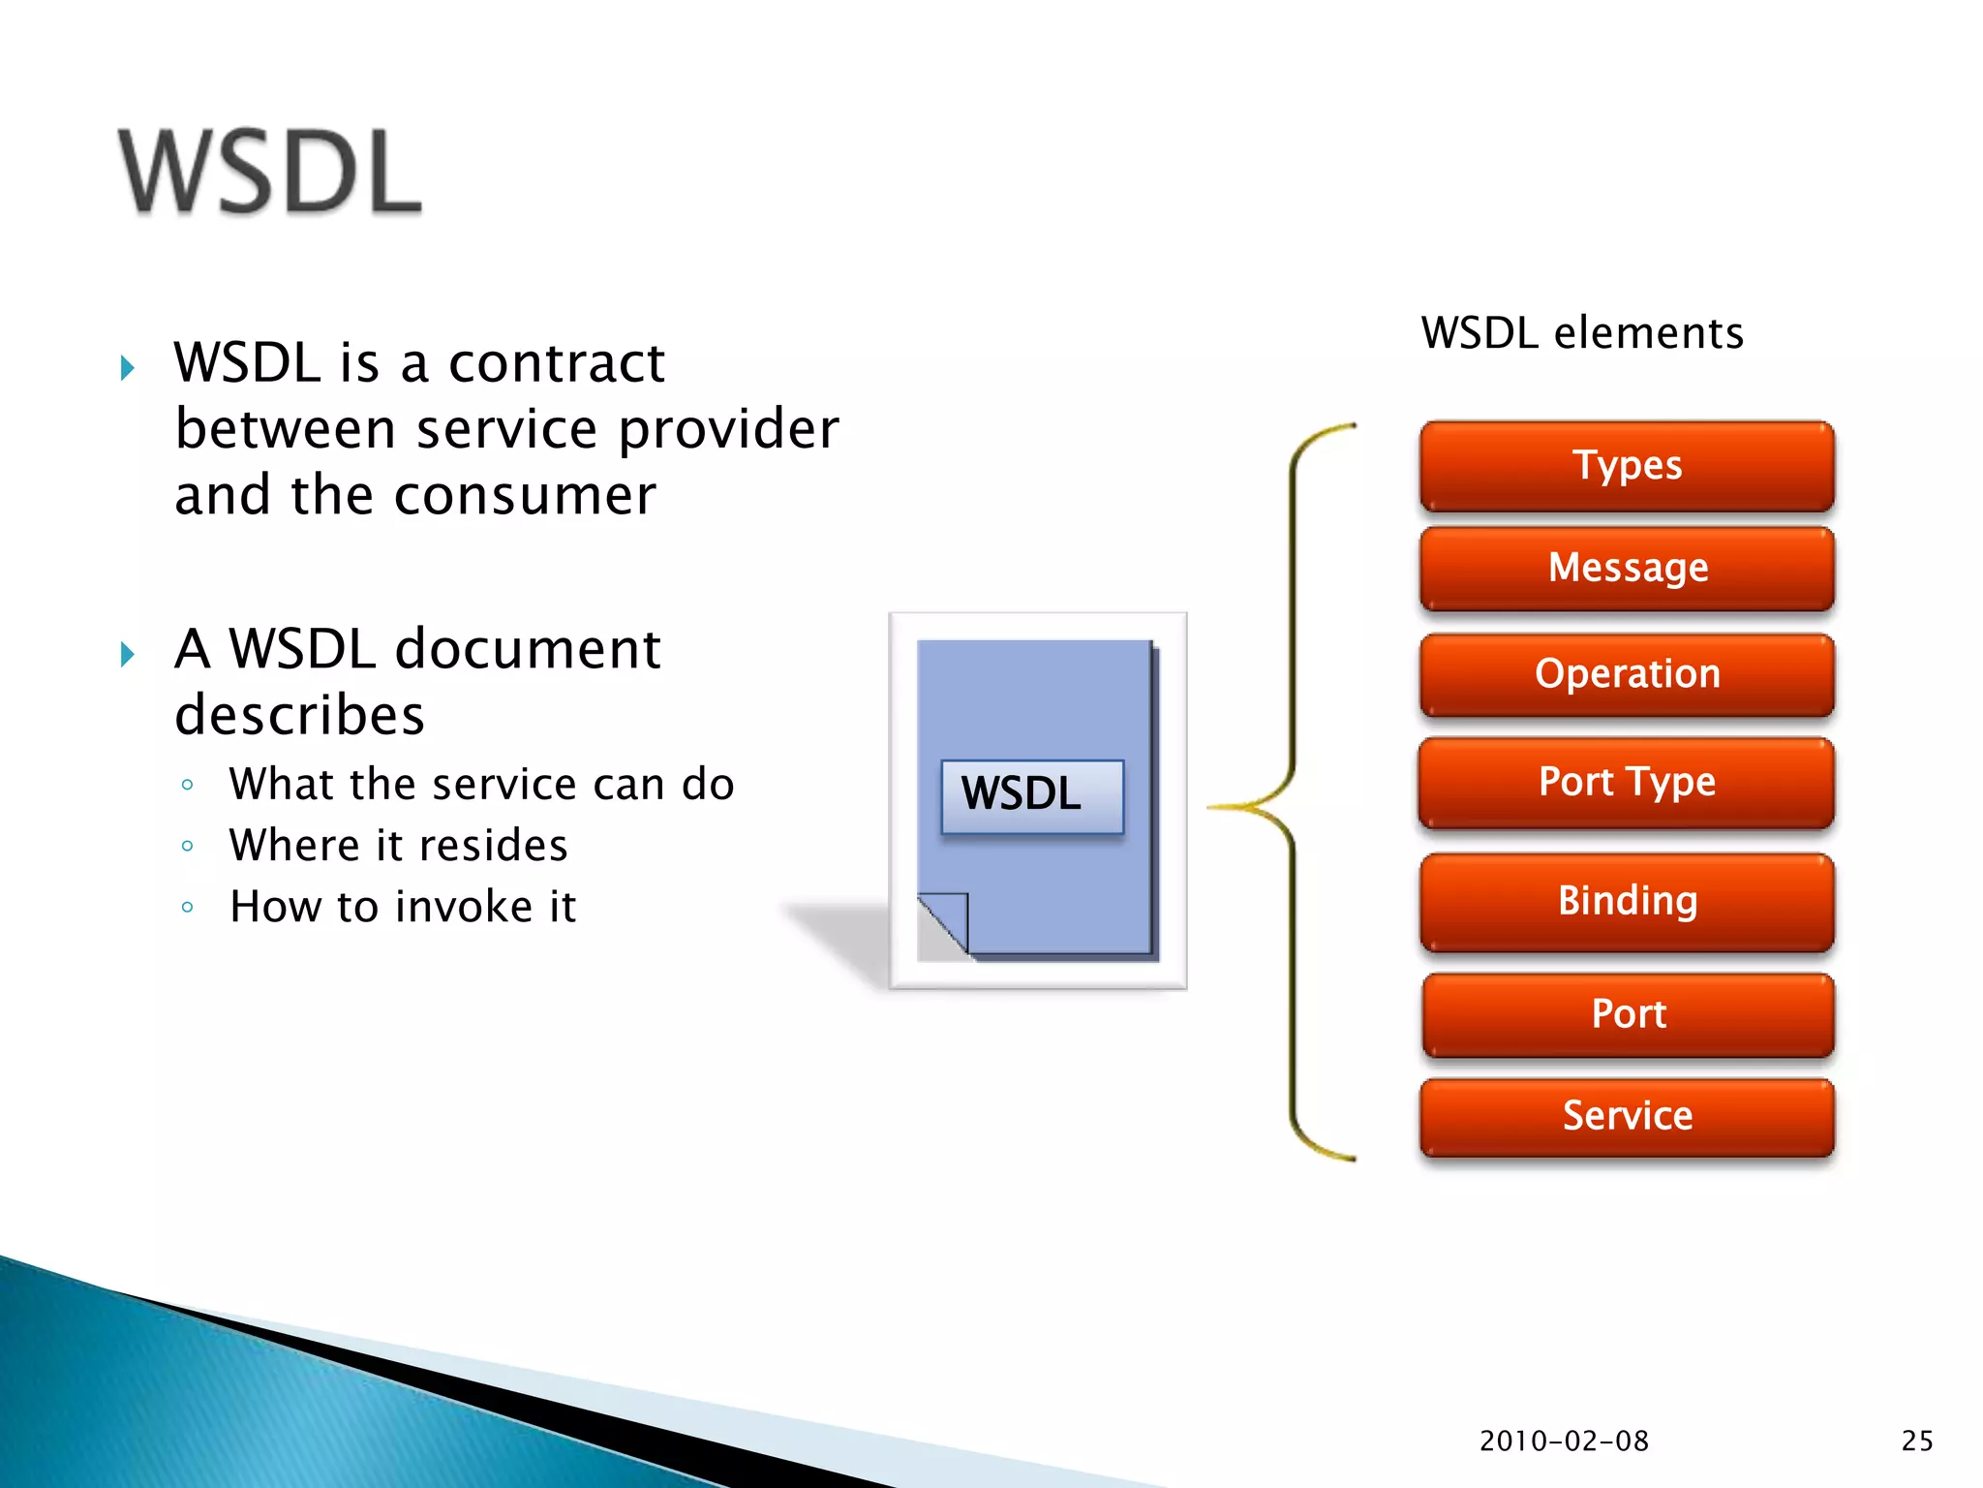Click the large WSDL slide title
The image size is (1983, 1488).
pyautogui.click(x=270, y=171)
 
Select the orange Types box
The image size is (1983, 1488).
pyautogui.click(x=1627, y=466)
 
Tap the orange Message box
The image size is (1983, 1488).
pyautogui.click(x=1627, y=569)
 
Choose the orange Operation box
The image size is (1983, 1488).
pyautogui.click(x=1627, y=674)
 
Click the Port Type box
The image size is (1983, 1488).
pyautogui.click(x=1627, y=782)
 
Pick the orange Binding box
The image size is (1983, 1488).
pyautogui.click(x=1627, y=901)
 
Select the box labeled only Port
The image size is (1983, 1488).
pyautogui.click(x=1628, y=1014)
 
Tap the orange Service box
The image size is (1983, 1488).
pyautogui.click(x=1627, y=1116)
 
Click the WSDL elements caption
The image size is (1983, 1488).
pyautogui.click(x=1582, y=333)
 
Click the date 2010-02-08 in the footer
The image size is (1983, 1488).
pyautogui.click(x=1564, y=1441)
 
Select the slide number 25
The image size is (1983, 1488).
pyautogui.click(x=1916, y=1441)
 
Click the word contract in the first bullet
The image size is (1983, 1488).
pyautogui.click(x=557, y=364)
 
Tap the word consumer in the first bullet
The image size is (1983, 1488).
pyautogui.click(x=525, y=496)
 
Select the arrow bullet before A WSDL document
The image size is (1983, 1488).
pyautogui.click(x=127, y=654)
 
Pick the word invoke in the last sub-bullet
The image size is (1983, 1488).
pyautogui.click(x=464, y=908)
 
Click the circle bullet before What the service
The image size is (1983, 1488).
pyautogui.click(x=188, y=785)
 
